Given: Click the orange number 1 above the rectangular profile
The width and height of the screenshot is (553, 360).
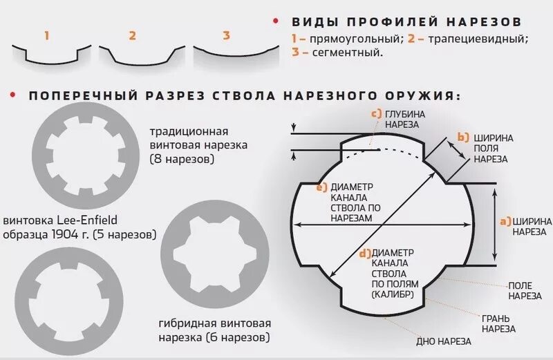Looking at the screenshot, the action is click(x=46, y=35).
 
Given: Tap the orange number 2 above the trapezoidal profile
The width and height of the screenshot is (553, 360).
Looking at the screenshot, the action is click(x=132, y=35).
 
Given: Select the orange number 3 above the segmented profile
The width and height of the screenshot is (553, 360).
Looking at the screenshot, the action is click(x=226, y=35).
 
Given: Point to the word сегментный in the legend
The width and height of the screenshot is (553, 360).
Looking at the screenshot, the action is click(x=341, y=52).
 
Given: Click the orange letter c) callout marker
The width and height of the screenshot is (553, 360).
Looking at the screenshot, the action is click(x=377, y=113).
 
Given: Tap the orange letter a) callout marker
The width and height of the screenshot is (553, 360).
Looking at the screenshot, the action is click(x=505, y=222).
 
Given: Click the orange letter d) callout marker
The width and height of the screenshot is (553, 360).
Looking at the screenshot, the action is click(x=365, y=253).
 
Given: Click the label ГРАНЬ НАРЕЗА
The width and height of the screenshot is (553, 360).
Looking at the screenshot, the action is click(x=498, y=324).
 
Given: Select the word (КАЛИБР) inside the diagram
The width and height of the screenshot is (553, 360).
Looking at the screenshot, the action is click(x=392, y=294).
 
